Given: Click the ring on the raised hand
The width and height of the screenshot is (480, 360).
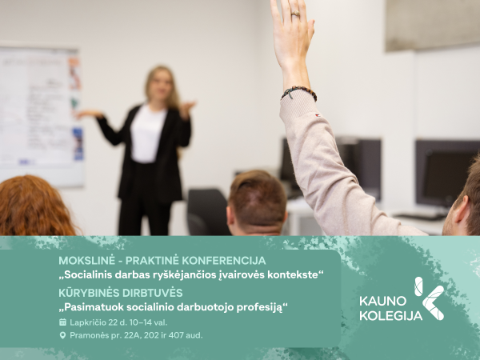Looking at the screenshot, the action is (x=295, y=14).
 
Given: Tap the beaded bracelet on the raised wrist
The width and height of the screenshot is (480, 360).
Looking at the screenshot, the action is (x=299, y=93).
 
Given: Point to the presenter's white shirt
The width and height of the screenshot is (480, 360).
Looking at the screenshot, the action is (x=147, y=134).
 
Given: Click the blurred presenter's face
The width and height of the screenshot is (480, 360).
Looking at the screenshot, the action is (x=161, y=85).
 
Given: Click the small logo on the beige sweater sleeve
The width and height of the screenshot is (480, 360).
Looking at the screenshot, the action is (x=318, y=115).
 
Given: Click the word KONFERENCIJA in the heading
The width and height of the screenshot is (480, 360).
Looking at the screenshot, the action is (x=224, y=261).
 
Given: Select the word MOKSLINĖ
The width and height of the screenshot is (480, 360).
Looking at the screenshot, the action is (x=86, y=261).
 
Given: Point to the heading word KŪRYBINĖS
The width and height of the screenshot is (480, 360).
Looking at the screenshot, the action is (x=89, y=293).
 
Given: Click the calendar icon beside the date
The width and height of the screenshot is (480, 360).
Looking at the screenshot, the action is (x=62, y=322).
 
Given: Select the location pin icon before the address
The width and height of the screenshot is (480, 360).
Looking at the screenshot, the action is (x=62, y=335).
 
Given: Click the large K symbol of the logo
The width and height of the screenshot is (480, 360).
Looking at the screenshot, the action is (x=429, y=298).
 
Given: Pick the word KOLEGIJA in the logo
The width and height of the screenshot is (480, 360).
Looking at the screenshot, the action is (x=391, y=315).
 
